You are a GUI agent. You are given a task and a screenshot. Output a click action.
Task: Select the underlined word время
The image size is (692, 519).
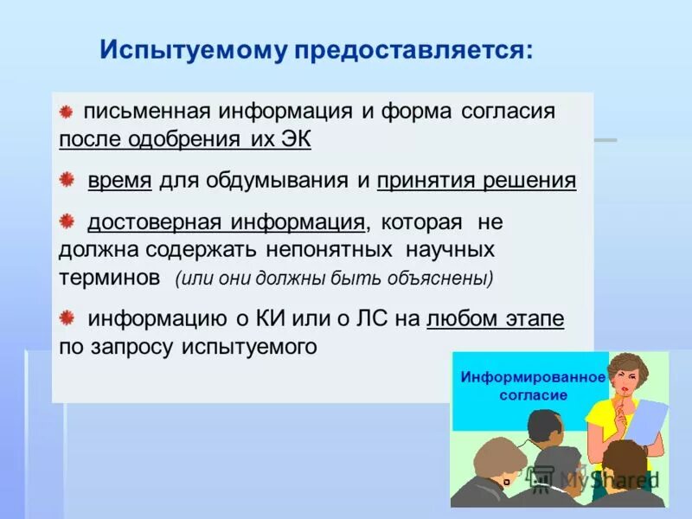[x=119, y=181]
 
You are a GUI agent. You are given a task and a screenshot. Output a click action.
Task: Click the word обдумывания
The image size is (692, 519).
[x=272, y=181]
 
